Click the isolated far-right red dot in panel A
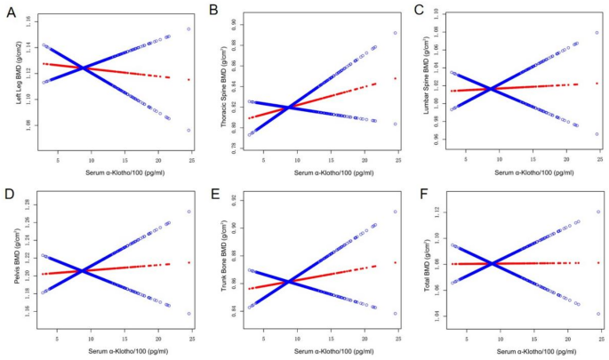[188, 80]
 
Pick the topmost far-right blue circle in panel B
[395, 33]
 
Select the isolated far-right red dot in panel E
[395, 262]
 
